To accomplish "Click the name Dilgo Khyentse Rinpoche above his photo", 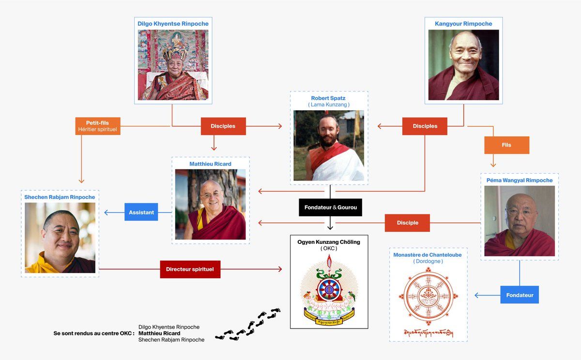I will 173,23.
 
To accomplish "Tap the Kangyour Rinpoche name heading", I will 463,24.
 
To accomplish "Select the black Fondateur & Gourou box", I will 330,207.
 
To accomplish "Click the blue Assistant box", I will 141,212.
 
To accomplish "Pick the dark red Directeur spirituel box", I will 190,269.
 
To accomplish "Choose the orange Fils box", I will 506,145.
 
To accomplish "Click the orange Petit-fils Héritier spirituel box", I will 97,126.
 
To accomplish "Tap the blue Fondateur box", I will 520,294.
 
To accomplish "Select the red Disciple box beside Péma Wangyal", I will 407,223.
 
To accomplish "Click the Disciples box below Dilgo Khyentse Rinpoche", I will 223,126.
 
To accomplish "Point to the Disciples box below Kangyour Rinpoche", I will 425,126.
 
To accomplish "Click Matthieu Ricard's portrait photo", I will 210,204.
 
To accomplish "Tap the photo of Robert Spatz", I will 329,146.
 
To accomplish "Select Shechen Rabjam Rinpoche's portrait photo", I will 60,238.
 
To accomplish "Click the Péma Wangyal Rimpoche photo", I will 520,221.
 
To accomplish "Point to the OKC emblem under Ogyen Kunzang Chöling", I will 329,291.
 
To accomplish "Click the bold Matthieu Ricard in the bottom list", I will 159,333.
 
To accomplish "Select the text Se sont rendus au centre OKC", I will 93,333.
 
